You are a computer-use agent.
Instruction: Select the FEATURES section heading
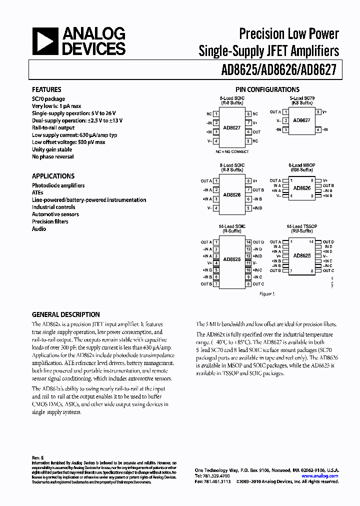(x=46, y=89)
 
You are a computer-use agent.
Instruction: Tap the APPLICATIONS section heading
(x=53, y=176)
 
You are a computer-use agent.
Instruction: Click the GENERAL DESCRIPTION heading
(x=66, y=314)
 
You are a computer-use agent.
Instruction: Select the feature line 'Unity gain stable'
(x=52, y=149)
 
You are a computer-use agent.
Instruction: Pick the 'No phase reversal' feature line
(x=53, y=156)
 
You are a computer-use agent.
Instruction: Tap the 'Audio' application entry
(x=39, y=229)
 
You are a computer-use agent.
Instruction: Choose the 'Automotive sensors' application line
(x=55, y=214)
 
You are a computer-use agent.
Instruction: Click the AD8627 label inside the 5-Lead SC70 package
(x=301, y=120)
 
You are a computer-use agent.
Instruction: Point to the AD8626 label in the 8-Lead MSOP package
(x=302, y=188)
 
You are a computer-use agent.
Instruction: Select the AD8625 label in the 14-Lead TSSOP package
(x=302, y=256)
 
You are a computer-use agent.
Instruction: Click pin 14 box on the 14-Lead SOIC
(x=248, y=242)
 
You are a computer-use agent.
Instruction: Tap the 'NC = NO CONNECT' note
(x=231, y=151)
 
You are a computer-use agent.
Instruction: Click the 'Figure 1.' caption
(x=266, y=294)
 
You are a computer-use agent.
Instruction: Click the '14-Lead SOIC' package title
(x=231, y=226)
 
